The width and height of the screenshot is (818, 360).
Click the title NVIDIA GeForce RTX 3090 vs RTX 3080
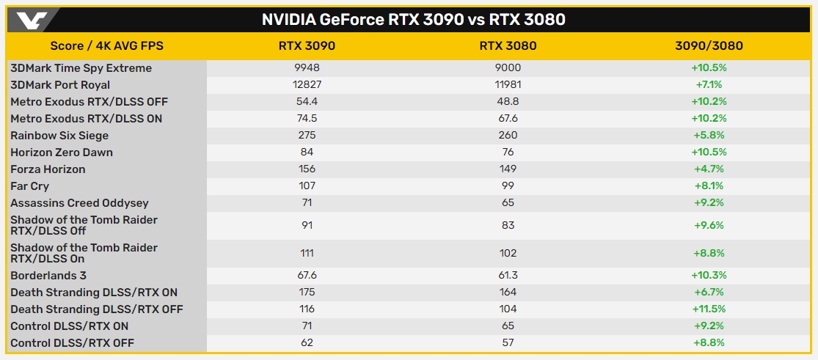click(414, 20)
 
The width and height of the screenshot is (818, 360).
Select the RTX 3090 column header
click(307, 46)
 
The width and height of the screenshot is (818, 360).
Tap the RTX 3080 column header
click(508, 46)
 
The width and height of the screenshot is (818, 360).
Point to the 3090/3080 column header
click(709, 46)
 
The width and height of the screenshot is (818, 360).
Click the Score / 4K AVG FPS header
click(107, 46)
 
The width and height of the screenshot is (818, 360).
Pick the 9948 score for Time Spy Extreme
click(307, 68)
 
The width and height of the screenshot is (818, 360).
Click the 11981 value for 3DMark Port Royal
click(508, 85)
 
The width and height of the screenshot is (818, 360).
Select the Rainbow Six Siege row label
click(59, 136)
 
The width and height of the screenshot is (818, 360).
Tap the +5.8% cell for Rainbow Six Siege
click(709, 136)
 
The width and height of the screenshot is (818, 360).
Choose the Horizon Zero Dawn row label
click(62, 153)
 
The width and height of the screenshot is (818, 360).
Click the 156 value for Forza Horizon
click(307, 169)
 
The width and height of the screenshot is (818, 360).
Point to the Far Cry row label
click(31, 186)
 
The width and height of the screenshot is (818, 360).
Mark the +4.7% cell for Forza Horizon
click(709, 169)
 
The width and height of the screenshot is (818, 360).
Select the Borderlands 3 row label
click(48, 276)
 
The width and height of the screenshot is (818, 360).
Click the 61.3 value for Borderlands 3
click(508, 276)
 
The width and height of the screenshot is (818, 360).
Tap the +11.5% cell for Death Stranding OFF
click(709, 309)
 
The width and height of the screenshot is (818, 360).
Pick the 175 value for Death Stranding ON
click(307, 293)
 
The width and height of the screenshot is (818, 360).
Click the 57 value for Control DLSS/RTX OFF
click(508, 343)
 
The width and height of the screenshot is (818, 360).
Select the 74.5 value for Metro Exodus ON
click(307, 119)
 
